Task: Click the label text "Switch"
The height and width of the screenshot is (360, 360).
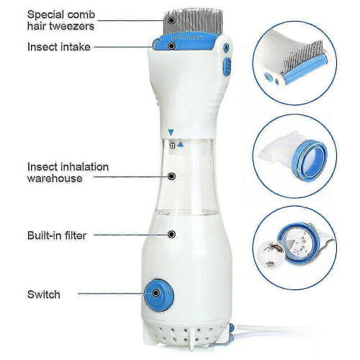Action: pos(44,294)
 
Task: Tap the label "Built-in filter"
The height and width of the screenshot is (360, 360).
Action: pos(57,235)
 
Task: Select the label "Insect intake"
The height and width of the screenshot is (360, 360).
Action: pos(59,47)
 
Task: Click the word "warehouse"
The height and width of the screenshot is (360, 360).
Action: pos(55,179)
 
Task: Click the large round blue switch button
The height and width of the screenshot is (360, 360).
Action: pos(159,295)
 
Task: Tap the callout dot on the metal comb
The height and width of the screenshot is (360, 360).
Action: pos(171,20)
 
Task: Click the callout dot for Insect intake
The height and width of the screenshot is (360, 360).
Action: pos(171,45)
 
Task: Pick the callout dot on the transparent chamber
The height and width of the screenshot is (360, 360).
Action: pos(171,176)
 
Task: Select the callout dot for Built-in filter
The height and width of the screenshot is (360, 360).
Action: pos(171,234)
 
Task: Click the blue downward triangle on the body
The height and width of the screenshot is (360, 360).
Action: pos(171,132)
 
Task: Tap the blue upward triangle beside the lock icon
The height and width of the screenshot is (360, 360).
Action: pos(181,145)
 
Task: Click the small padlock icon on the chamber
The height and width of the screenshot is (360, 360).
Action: pos(172,145)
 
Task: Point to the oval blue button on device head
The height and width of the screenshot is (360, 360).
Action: pos(227,66)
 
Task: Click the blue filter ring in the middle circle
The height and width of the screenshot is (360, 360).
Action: pos(310,161)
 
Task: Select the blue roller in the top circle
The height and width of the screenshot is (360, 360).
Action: pos(305,69)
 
